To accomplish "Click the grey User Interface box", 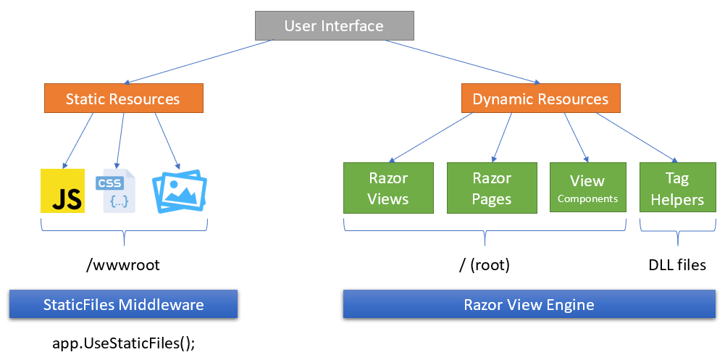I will (333, 26).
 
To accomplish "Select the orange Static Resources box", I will (123, 99).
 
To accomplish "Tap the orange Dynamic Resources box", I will (540, 99).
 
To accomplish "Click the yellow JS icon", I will (63, 191).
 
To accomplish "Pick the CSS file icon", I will (118, 191).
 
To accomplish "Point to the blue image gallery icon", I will (179, 191).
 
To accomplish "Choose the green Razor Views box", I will (388, 188).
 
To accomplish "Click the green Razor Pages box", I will (492, 188).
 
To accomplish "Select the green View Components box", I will (587, 188).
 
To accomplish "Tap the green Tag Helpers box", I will (676, 188).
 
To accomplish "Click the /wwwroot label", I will (123, 265).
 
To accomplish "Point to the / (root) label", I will (485, 265).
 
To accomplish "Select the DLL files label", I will (676, 265).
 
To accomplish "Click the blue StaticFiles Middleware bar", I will (123, 304).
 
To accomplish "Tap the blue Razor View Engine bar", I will (529, 304).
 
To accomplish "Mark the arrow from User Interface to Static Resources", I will (199, 62).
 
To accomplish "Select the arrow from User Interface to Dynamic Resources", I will (464, 62).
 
